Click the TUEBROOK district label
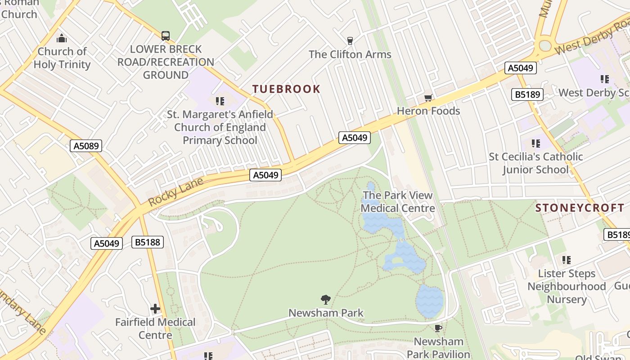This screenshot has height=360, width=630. (x=286, y=89)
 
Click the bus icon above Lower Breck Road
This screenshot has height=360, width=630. (x=166, y=36)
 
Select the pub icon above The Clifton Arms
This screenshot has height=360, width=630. (x=350, y=41)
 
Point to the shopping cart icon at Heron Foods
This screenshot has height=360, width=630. (x=428, y=98)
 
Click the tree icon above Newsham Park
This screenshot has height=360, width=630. (x=325, y=300)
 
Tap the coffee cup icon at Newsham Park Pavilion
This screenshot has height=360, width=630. (x=438, y=328)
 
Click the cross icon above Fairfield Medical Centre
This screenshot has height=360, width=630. (x=155, y=309)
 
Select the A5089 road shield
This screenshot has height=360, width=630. (x=86, y=146)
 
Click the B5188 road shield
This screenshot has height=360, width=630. (x=148, y=242)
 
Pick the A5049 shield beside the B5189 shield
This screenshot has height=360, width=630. (x=521, y=68)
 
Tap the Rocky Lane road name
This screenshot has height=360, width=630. (x=175, y=193)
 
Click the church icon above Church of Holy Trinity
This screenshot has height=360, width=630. (x=62, y=38)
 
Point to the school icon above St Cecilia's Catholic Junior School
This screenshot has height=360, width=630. (x=535, y=144)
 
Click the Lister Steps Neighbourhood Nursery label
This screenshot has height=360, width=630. (x=566, y=286)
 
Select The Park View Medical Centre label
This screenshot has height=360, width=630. (x=397, y=202)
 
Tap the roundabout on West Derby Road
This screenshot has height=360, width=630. (x=545, y=45)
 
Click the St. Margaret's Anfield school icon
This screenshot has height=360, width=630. (x=220, y=101)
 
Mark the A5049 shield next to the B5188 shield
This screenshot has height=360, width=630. (x=107, y=243)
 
